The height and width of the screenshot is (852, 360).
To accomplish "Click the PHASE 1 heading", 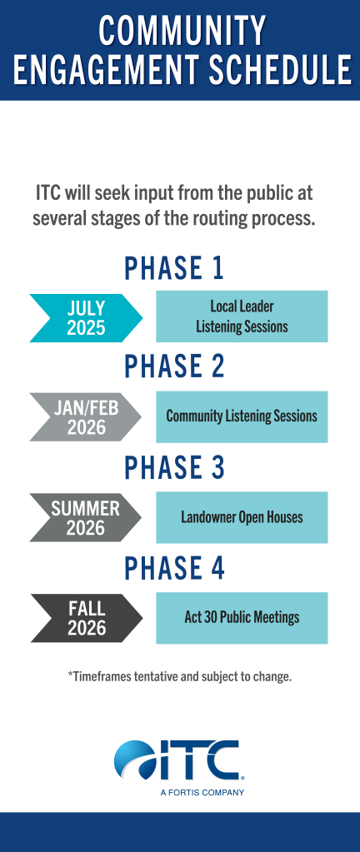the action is coord(174,268).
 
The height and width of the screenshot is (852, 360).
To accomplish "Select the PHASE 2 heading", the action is coord(174,366).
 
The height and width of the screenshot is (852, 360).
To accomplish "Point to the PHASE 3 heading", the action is coord(174,467).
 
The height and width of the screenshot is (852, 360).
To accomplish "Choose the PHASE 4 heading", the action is coord(174,568).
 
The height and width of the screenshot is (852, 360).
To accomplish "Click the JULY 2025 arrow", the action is coord(86,318).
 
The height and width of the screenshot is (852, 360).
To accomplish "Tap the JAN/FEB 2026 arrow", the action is coord(85,417).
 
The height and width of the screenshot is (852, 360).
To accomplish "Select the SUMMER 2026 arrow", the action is coord(85,518).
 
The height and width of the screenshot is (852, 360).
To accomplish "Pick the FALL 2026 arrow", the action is coord(87,618).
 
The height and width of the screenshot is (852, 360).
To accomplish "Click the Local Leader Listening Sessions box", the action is coord(242,316).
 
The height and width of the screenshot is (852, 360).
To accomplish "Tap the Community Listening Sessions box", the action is coord(242,416).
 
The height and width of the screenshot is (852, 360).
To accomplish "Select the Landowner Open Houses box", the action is coord(242,517).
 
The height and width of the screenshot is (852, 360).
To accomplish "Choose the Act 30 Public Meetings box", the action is coord(242,618).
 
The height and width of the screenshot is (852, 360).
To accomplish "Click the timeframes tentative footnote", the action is coord(180,677).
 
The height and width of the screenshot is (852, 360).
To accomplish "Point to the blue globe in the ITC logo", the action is coord(134,760).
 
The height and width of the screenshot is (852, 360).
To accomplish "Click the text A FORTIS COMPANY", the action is coord(202,792).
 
